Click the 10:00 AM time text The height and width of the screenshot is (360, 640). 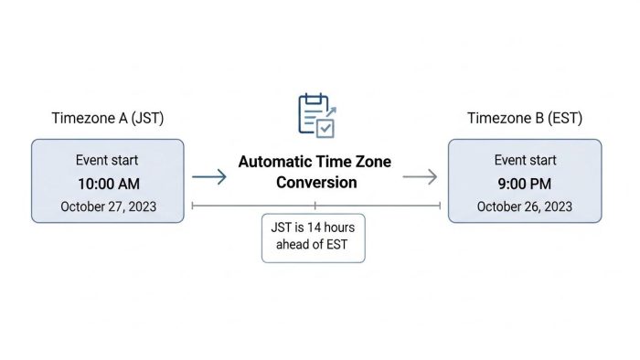(108, 183)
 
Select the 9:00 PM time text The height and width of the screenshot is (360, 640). (525, 183)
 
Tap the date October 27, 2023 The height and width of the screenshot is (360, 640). (108, 206)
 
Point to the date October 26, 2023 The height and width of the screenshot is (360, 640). (525, 206)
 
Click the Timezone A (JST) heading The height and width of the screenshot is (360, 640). (109, 118)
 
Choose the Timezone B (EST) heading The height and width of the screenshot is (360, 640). (525, 118)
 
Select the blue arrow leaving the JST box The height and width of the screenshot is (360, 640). (209, 177)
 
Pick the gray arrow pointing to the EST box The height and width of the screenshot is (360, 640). (421, 177)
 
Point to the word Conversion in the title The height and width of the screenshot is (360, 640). (315, 183)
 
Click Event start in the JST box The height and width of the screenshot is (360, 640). (108, 160)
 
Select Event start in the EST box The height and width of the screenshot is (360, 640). (525, 160)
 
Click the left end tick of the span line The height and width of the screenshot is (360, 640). (192, 206)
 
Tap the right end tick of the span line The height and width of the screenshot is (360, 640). (441, 206)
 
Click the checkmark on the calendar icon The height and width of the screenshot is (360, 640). (325, 129)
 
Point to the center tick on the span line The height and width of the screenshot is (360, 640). (315, 206)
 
